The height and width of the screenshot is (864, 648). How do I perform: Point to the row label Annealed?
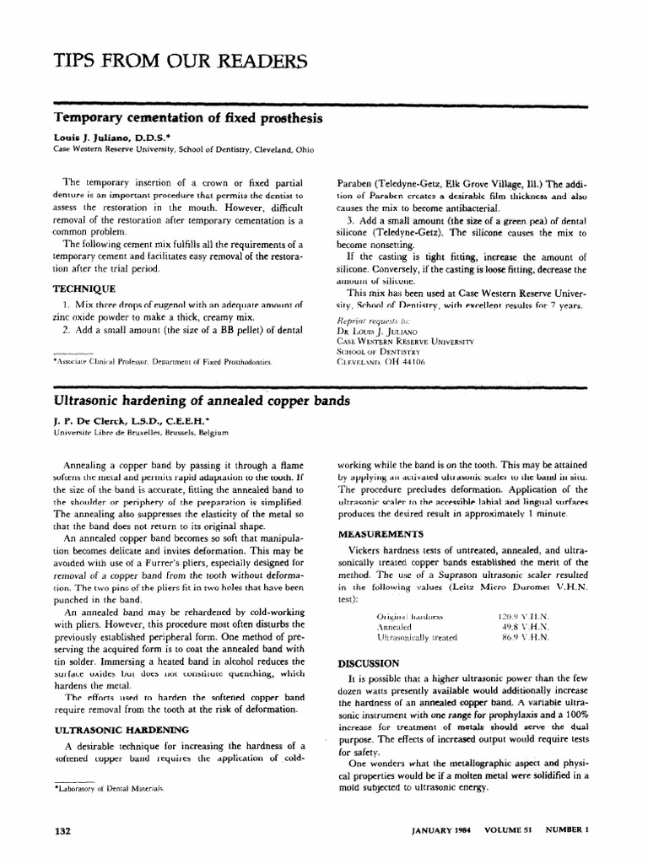393,628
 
